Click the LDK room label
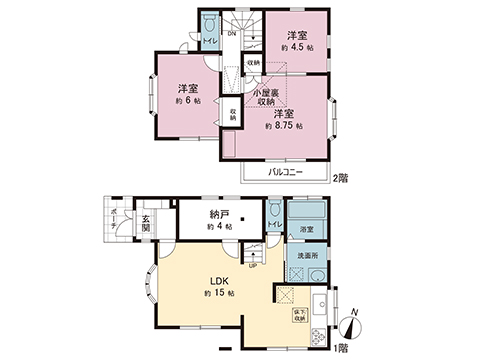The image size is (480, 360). point(218,281)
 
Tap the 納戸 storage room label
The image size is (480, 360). point(218,214)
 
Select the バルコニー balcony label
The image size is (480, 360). point(286,172)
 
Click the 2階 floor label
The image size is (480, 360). point(342,177)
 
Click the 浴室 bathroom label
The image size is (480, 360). point(307,229)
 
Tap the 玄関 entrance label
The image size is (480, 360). point(145,224)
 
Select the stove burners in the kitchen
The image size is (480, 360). point(320,336)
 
